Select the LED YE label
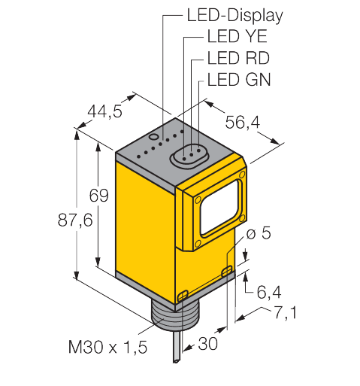pyautogui.click(x=234, y=35)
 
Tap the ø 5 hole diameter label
pyautogui.click(x=258, y=235)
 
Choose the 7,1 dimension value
pyautogui.click(x=283, y=311)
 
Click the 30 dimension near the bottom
pyautogui.click(x=208, y=345)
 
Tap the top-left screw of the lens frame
pyautogui.click(x=197, y=201)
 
